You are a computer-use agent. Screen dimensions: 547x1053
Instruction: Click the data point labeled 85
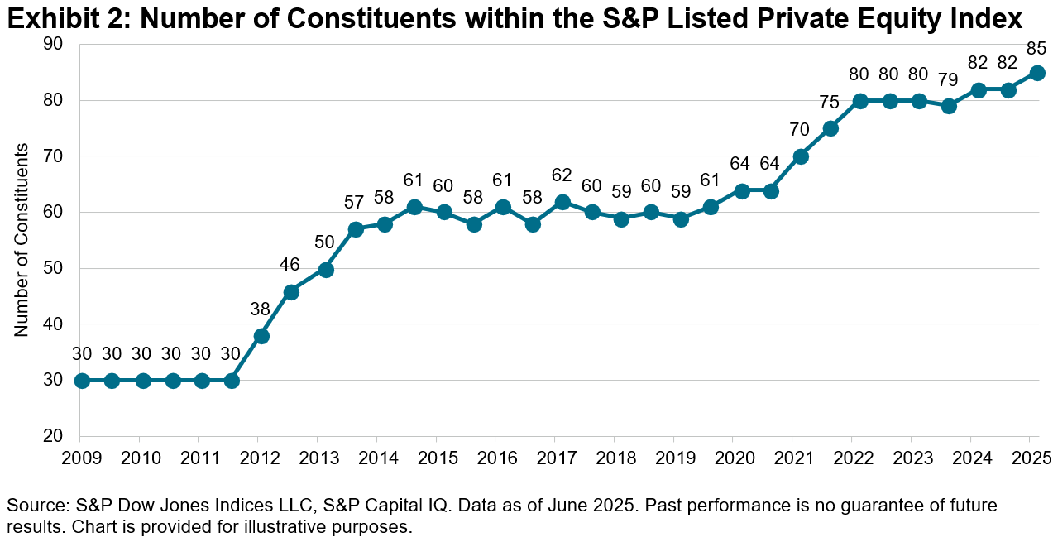click(1036, 73)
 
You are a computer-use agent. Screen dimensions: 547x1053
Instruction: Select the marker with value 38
click(261, 336)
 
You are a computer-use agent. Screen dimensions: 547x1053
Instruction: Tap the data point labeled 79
click(948, 106)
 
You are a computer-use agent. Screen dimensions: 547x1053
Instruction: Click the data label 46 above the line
click(290, 266)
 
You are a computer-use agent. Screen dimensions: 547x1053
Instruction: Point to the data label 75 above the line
click(829, 103)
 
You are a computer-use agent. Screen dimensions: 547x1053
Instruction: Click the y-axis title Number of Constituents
click(22, 240)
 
